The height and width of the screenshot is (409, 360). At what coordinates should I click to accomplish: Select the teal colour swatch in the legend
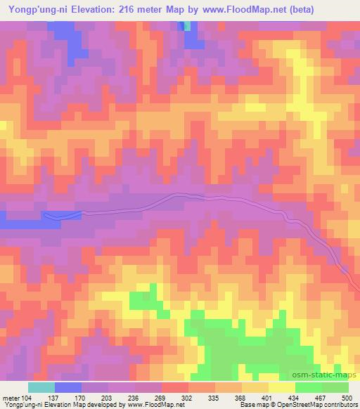tap(41, 388)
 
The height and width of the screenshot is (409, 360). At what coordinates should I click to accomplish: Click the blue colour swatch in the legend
tap(68, 388)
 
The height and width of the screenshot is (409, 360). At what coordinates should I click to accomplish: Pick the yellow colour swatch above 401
tap(281, 388)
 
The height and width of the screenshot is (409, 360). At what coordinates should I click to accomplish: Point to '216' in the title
tap(129, 9)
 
